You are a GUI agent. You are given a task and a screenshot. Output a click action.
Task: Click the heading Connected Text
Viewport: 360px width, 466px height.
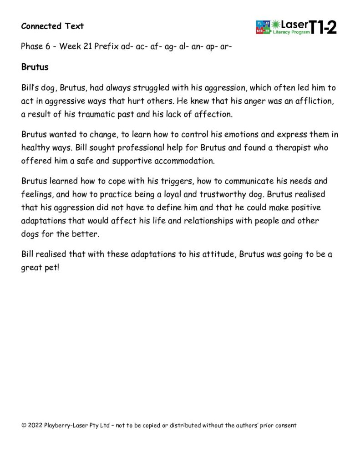coord(52,26)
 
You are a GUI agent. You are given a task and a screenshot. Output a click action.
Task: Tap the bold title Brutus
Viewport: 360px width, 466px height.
coord(35,67)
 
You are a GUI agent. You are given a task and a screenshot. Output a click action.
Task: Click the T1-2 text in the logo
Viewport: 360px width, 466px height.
coord(324,27)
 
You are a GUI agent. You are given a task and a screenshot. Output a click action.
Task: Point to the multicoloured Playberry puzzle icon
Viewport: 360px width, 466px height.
coord(263,27)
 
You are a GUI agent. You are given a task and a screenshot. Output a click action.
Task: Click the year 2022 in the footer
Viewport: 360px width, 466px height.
coord(35,425)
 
